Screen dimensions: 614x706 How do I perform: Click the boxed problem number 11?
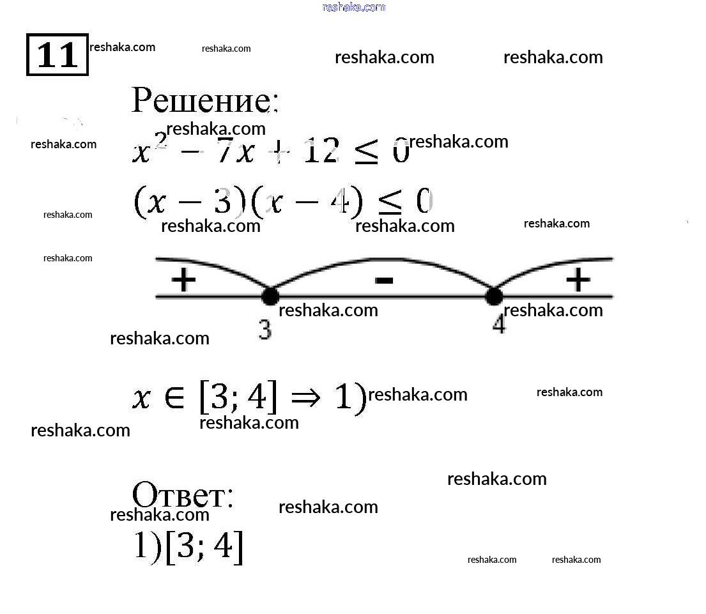(57, 55)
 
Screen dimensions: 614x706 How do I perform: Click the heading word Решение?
(204, 100)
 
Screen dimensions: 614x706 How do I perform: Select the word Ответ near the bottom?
(182, 495)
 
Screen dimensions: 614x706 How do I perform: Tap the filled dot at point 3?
(270, 296)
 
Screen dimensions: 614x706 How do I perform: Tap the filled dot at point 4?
(494, 296)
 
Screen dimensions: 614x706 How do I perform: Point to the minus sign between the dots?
(383, 279)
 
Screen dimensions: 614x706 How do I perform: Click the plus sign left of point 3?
(183, 280)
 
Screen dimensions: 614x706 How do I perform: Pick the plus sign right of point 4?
(578, 279)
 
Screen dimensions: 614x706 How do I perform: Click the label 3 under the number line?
(265, 330)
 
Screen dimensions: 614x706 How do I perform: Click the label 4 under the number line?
(499, 325)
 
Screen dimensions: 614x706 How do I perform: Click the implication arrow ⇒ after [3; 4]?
(309, 397)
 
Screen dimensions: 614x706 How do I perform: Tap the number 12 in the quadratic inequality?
(321, 152)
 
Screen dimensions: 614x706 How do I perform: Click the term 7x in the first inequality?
(235, 152)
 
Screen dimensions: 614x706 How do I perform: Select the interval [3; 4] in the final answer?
(204, 548)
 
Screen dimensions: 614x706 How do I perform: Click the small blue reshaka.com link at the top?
(354, 7)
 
